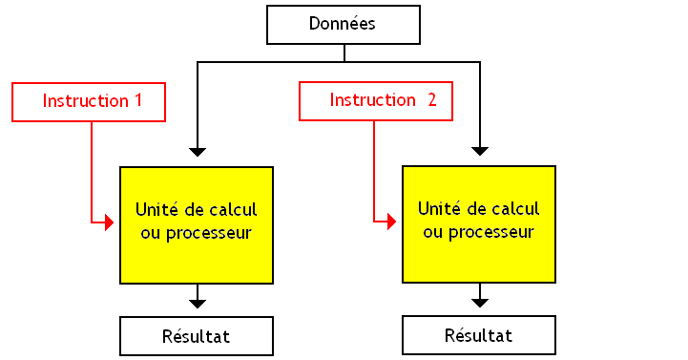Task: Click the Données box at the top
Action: (343, 25)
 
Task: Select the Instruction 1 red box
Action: (89, 101)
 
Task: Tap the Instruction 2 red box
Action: (375, 100)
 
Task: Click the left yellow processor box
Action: (197, 224)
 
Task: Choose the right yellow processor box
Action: (479, 223)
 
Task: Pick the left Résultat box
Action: (197, 336)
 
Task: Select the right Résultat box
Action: (479, 335)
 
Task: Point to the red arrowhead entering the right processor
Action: (391, 222)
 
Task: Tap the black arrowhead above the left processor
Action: (198, 151)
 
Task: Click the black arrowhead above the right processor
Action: (480, 150)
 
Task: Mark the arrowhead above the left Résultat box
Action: (198, 303)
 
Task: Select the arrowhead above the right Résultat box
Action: (480, 302)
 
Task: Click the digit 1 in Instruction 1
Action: (137, 100)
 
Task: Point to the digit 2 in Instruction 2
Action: (431, 100)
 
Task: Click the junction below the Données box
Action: (344, 62)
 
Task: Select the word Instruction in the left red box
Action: (84, 100)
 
